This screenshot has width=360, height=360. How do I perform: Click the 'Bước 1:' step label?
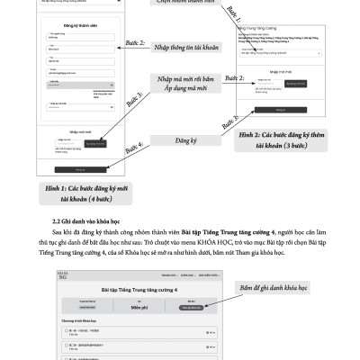tap(232, 13)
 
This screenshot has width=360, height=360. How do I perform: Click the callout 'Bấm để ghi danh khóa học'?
tap(280, 287)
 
